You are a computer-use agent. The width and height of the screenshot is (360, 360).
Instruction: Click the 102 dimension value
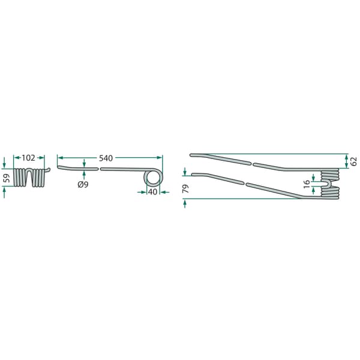28,158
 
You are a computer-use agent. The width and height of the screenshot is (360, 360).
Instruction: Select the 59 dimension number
8,178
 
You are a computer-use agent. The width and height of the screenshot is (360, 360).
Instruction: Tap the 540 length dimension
106,158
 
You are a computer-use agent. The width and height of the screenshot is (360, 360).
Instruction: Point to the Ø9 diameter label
83,184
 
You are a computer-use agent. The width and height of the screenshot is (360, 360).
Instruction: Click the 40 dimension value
152,192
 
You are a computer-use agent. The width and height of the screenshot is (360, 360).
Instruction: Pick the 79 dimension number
185,188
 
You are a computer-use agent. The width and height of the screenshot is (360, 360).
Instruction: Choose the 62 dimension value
354,161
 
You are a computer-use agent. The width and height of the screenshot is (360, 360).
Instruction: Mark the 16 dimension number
307,184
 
